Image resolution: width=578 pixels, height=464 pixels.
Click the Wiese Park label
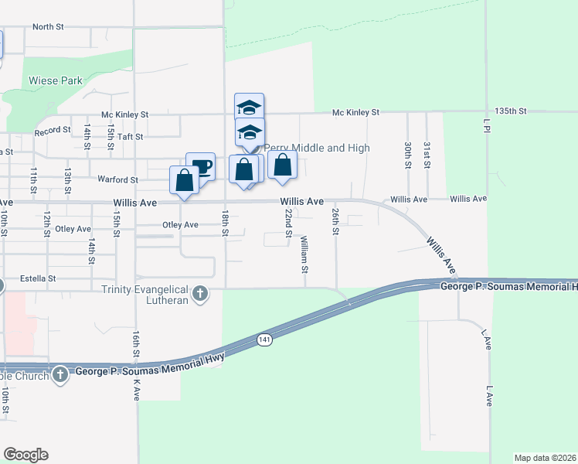pos(56,80)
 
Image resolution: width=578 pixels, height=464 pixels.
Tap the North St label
pos(48,26)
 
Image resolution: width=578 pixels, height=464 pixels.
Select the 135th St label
pos(511,111)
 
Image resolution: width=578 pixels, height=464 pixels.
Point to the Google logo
pos(25,455)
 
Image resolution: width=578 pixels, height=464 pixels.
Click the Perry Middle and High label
pos(317,148)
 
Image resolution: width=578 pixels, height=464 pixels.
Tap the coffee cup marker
pos(201,166)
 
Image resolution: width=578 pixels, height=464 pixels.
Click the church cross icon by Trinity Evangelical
pos(201,293)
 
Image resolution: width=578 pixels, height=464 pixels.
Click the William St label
pos(305,254)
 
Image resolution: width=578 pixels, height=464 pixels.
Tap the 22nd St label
pos(288,223)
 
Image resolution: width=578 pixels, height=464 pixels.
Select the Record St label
pos(53,131)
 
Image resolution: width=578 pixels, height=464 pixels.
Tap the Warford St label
pos(117,179)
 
